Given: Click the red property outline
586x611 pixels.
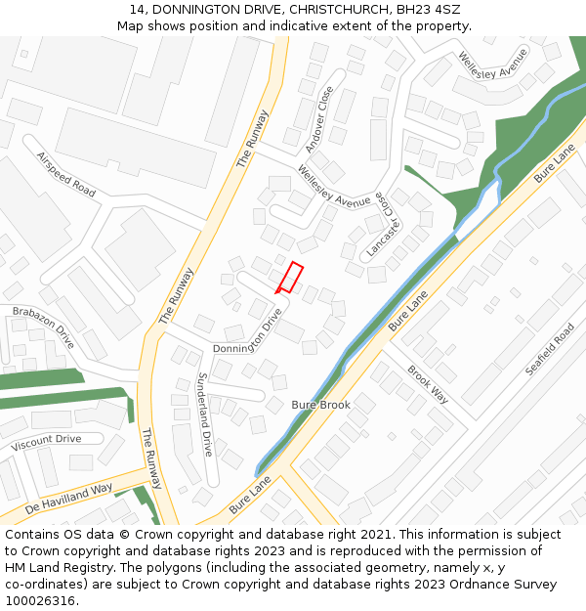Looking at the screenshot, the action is click(x=289, y=278).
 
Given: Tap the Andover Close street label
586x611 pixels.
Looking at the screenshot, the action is click(x=319, y=119).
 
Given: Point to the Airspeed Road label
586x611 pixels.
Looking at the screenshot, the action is click(x=66, y=174).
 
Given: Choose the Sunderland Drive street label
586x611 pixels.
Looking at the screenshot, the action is click(x=205, y=415).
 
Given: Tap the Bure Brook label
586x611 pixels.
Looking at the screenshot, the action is click(x=320, y=405).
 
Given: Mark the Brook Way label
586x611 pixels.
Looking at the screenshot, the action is click(x=428, y=385).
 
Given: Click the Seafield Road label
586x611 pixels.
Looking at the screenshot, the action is click(x=550, y=349).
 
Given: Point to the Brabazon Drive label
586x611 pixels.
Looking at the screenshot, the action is click(x=43, y=327).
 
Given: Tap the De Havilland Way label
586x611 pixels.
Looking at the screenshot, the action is click(x=69, y=499).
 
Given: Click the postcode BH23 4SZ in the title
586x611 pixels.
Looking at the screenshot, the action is click(x=429, y=9).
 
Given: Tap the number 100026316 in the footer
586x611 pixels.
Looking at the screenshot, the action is click(x=40, y=600).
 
